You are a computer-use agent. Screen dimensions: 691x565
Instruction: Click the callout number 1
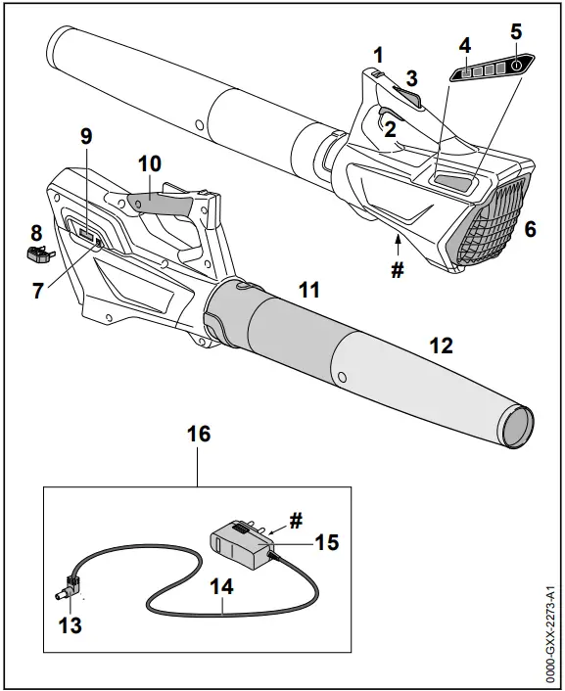378,56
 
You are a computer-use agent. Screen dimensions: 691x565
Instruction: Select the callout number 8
36,233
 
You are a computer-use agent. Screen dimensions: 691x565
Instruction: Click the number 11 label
309,291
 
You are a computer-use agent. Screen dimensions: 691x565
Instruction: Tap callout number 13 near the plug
70,624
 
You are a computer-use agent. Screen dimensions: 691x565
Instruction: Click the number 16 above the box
198,434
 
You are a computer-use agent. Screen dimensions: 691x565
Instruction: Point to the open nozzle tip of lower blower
518,427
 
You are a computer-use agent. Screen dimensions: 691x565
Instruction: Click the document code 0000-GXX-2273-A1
552,625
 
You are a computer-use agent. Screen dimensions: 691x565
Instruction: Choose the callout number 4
465,44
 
